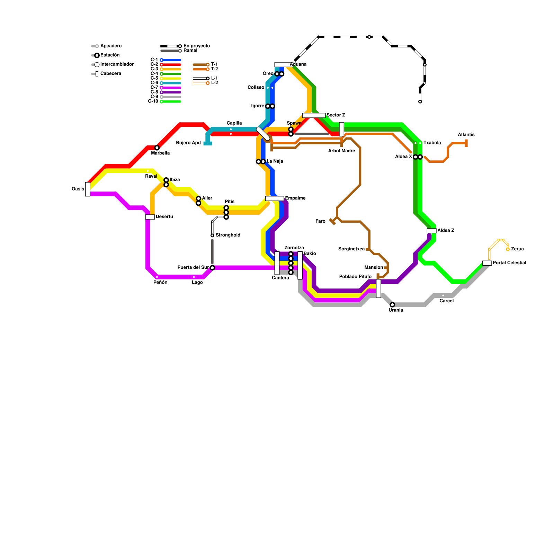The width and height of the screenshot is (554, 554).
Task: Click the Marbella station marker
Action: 157,148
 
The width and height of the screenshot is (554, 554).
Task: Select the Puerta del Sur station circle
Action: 212,268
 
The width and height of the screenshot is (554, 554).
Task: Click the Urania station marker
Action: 392,305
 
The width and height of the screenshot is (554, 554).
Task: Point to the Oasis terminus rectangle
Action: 88,189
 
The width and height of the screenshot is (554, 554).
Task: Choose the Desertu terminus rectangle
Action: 150,217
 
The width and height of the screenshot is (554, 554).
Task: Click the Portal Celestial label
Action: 509,263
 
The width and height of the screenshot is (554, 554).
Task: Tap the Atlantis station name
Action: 466,135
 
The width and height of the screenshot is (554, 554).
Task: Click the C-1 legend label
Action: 154,60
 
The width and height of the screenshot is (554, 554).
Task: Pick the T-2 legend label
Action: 214,69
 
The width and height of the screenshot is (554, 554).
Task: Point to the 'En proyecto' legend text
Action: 196,46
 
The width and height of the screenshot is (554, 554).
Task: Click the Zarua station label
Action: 517,249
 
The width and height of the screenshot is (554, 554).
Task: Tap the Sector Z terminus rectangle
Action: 314,115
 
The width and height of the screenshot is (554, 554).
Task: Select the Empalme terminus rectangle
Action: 275,198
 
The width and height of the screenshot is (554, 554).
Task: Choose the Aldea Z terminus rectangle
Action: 431,231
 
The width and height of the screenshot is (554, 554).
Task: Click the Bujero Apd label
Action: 188,143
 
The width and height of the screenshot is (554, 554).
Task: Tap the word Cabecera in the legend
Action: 110,74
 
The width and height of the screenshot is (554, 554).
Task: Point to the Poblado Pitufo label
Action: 355,277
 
